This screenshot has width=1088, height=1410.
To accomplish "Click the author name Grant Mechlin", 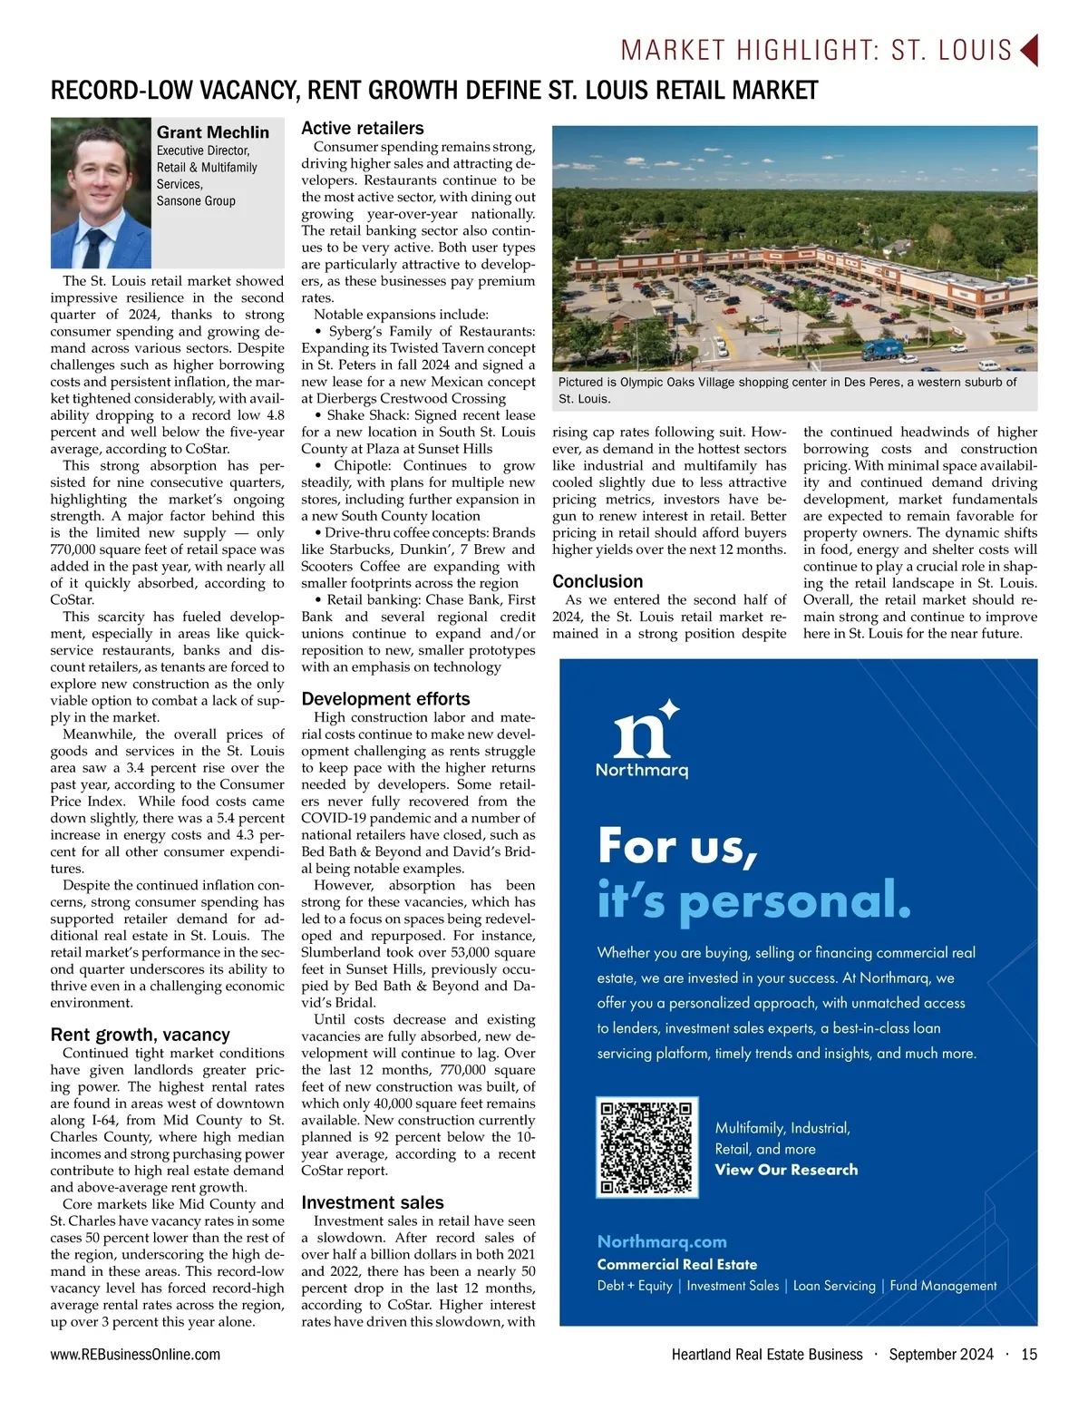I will [x=212, y=132].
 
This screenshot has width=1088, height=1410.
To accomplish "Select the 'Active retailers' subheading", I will [x=362, y=129].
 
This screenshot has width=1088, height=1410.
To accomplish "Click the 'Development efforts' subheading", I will [x=385, y=699].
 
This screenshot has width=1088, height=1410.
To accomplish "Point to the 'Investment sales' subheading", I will [x=372, y=1203].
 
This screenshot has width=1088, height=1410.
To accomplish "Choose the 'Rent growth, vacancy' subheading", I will [x=140, y=1035].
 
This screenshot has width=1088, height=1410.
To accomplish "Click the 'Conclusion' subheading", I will [x=597, y=582].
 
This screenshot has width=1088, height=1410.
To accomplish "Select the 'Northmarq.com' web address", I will [x=662, y=1241].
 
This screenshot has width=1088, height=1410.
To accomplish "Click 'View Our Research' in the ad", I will [x=786, y=1170].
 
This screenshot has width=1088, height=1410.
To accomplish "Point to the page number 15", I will [x=1029, y=1354].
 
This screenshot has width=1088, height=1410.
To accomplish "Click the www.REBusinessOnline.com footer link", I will [x=135, y=1354].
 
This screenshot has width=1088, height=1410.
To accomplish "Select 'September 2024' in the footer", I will [x=940, y=1354].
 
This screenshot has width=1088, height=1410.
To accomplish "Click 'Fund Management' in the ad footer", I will [x=943, y=1286].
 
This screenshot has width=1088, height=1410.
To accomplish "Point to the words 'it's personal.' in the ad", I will [x=753, y=900].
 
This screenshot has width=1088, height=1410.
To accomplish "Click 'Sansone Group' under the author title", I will [x=196, y=201].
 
